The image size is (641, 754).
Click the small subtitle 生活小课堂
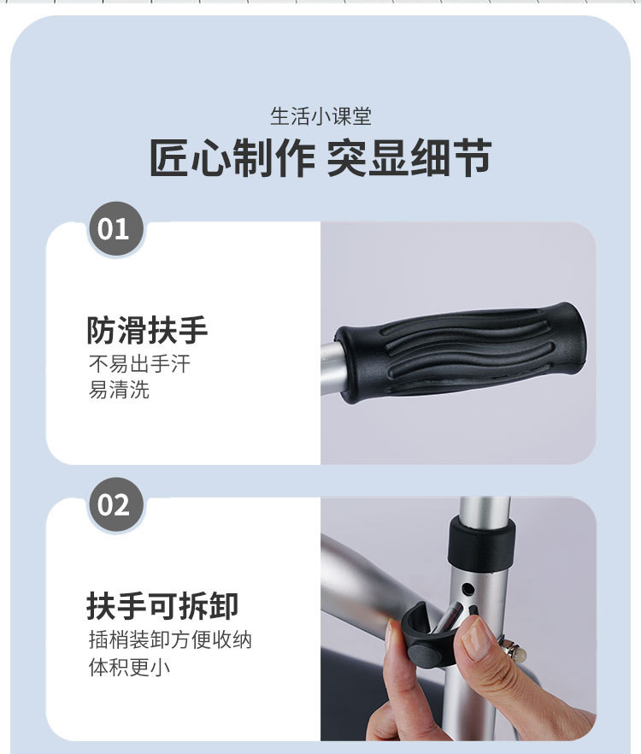tap(320, 117)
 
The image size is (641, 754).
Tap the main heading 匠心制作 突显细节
tap(320, 157)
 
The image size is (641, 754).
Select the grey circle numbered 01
tap(116, 229)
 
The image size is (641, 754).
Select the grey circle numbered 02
tap(116, 504)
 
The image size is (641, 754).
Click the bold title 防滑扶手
tap(147, 330)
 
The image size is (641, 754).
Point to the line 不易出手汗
tap(139, 364)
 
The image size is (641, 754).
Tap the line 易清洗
tap(119, 390)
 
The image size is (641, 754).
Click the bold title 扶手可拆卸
tap(162, 606)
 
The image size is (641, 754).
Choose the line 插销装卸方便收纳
tap(170, 640)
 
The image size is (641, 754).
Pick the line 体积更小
tap(129, 667)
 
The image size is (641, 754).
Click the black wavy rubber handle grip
tap(461, 352)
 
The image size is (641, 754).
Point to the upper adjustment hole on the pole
tap(467, 588)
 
